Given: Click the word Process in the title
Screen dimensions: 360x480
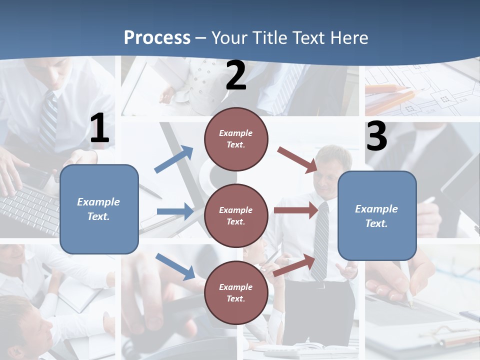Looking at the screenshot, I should [x=157, y=38].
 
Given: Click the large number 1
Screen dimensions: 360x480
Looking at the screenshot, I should [x=99, y=129].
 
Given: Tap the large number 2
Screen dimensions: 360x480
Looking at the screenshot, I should [x=236, y=76].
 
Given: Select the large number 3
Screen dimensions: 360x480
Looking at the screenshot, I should [x=376, y=136].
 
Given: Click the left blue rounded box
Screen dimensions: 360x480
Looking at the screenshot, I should [x=99, y=209].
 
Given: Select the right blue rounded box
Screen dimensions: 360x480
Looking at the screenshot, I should [x=377, y=215].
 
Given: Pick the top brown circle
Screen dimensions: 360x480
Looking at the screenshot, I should [x=236, y=139].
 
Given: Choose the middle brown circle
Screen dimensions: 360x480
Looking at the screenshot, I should [x=236, y=215].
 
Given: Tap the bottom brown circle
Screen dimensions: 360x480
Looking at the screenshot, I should [x=236, y=292].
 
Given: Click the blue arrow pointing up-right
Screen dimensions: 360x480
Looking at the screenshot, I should [x=174, y=159].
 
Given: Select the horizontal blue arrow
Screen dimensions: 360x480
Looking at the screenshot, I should [x=175, y=211].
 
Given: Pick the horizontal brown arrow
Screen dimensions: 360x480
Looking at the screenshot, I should [x=296, y=210].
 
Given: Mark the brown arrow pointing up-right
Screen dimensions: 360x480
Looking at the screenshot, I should [x=295, y=265].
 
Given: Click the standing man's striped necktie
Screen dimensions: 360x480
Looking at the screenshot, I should [x=320, y=240].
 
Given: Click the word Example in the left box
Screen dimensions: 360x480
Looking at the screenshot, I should [x=98, y=202].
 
